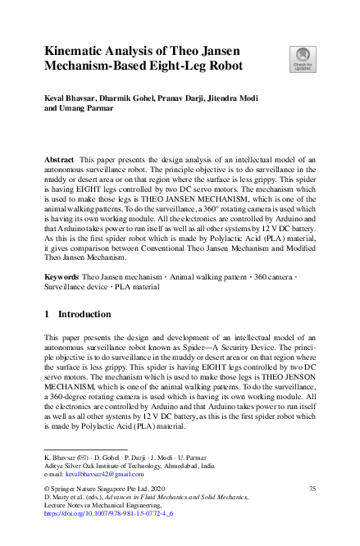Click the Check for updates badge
pyautogui.click(x=303, y=59)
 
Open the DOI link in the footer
pyautogui.click(x=101, y=515)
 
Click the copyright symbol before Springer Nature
pyautogui.click(x=47, y=489)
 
